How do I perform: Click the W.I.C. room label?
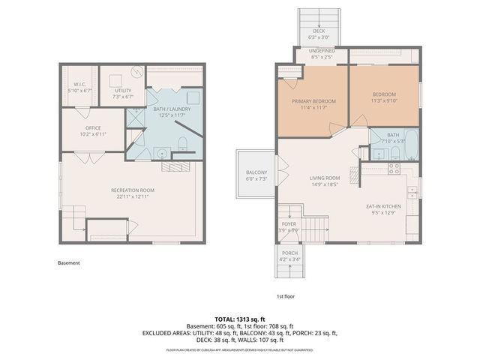pos(79,85)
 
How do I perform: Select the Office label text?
pos(93,127)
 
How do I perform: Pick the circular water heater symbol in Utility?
pos(136,73)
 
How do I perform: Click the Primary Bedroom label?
pos(313,101)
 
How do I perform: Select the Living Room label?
pos(325,178)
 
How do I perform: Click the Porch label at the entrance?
pos(289,253)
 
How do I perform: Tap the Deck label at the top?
pos(319,31)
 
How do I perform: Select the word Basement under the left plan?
pos(68,263)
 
